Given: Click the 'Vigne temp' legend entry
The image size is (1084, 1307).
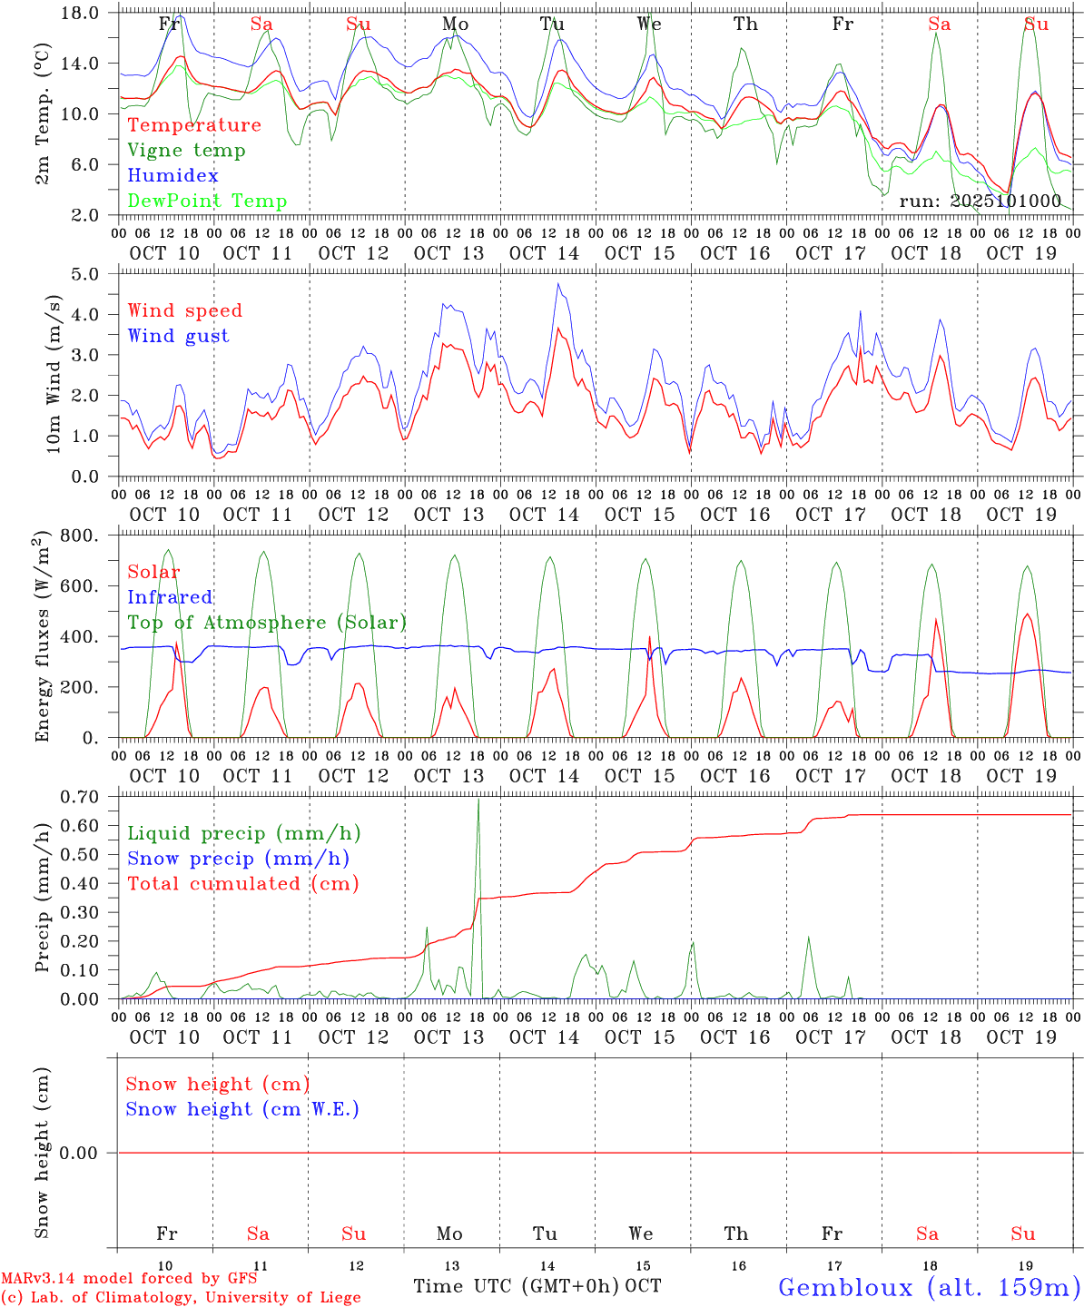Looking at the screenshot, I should (x=186, y=151).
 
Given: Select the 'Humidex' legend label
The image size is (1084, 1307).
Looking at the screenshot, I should (x=172, y=176).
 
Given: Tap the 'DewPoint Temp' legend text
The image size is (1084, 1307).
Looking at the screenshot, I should (x=207, y=201).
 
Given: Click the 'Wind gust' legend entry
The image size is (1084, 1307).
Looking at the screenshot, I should (x=178, y=336).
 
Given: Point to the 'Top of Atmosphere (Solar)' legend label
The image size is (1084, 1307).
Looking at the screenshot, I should (x=266, y=623).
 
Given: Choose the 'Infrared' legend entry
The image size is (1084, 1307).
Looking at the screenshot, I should (x=170, y=597).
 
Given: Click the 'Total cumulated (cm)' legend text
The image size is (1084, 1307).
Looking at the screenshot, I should (x=242, y=884).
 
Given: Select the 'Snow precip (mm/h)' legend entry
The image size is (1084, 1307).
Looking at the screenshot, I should (x=238, y=859).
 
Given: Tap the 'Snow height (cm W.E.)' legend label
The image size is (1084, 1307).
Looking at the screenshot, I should (x=241, y=1109).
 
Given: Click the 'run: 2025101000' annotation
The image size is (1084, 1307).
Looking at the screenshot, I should (x=980, y=201).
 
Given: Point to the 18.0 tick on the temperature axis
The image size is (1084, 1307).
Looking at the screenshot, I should (x=83, y=13).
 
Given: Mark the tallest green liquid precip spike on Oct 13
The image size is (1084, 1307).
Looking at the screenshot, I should (x=478, y=800).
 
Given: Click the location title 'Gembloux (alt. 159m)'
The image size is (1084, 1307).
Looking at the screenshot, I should (x=929, y=1287).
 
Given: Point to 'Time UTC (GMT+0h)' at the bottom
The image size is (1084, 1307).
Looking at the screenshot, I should (x=517, y=1286).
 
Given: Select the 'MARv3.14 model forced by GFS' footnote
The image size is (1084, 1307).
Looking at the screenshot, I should (x=129, y=1279).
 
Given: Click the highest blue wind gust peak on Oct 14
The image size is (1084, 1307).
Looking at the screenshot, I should (x=559, y=284).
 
